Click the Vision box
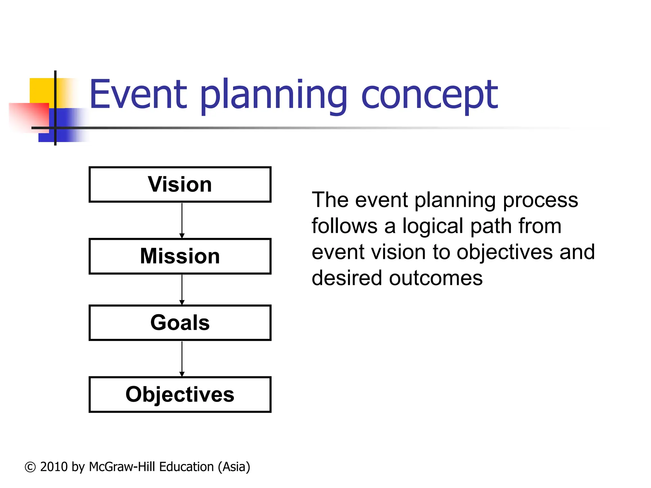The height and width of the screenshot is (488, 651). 180,185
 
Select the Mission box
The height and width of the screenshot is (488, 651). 180,256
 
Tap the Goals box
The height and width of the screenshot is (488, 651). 180,323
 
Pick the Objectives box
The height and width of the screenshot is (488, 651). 180,395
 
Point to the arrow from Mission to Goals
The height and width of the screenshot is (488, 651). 182,289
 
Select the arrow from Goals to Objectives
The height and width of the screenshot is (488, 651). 182,359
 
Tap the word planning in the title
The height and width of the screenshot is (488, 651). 273,95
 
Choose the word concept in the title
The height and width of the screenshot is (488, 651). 429,95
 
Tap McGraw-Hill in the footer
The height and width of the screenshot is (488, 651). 122,467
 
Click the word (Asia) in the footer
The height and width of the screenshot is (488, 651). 234,467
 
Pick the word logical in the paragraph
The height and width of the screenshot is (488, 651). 433,226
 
